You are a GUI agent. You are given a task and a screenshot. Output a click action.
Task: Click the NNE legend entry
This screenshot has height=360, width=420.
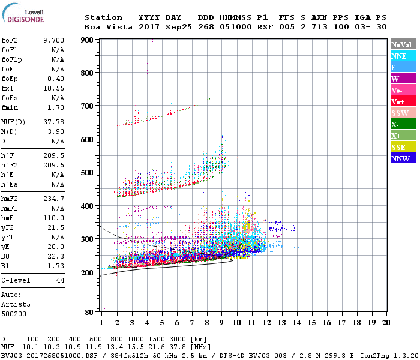pyautogui.click(x=403, y=56)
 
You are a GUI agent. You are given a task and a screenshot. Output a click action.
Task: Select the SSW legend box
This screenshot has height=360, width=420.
pyautogui.click(x=403, y=113)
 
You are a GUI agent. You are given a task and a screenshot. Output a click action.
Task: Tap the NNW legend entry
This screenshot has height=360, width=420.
pyautogui.click(x=403, y=158)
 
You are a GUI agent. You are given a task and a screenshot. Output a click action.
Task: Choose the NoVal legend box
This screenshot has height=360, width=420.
pyautogui.click(x=403, y=44)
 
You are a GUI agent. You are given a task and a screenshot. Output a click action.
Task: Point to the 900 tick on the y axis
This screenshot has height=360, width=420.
pyautogui.click(x=88, y=40)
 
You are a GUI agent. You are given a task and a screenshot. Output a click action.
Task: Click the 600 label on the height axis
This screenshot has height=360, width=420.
pyautogui.click(x=88, y=140)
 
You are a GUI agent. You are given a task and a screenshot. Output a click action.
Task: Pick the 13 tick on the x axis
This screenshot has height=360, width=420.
pyautogui.click(x=282, y=323)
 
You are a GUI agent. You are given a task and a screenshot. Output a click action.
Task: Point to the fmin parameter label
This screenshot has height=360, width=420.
pyautogui.click(x=10, y=107)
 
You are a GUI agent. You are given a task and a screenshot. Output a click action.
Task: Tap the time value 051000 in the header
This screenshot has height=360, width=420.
pyautogui.click(x=235, y=27)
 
